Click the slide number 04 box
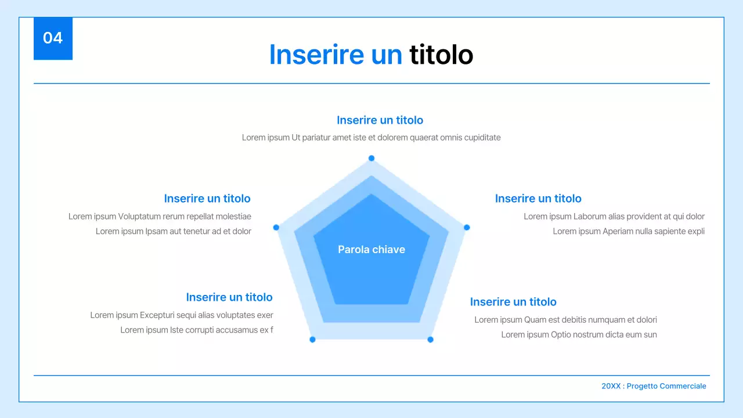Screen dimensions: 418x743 53,38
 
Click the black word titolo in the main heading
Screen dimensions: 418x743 441,55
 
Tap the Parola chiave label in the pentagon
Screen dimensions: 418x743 371,250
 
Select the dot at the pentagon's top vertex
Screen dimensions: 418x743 371,158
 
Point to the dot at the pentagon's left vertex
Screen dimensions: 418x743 276,228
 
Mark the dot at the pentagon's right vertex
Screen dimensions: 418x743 467,228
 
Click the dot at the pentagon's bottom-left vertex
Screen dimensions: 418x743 312,340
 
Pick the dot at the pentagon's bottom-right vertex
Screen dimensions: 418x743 430,340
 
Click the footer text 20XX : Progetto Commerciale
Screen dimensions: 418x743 654,386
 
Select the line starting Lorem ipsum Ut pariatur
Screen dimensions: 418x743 371,138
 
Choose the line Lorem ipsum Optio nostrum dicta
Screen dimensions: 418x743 579,334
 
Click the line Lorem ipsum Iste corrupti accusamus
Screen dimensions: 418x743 196,330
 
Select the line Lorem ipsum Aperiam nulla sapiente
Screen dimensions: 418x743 628,231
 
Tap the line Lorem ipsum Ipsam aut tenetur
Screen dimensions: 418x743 173,231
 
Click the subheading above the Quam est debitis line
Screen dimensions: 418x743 513,302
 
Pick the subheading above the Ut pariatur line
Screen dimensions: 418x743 380,120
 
